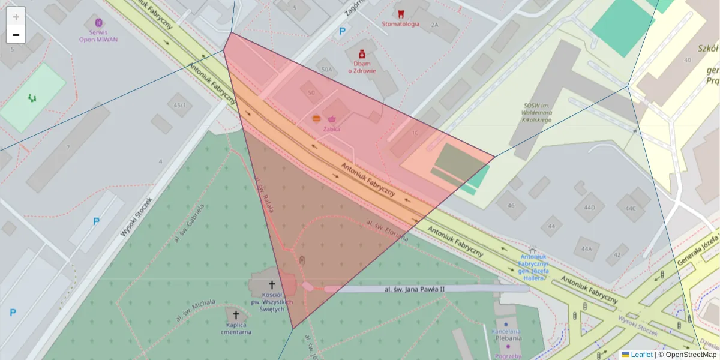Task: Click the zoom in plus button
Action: [16, 17]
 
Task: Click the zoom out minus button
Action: [16, 35]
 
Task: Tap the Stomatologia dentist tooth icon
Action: [401, 14]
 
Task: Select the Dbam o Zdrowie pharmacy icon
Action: [362, 55]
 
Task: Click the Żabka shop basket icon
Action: [332, 119]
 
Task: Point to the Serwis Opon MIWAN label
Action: [98, 35]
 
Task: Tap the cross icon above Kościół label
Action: [272, 285]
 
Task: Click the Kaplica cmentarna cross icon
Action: [236, 315]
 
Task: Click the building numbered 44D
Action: [589, 208]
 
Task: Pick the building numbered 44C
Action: [629, 208]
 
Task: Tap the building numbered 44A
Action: [586, 248]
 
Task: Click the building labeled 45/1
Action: [179, 106]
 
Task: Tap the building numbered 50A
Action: [326, 70]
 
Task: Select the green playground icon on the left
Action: [32, 97]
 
